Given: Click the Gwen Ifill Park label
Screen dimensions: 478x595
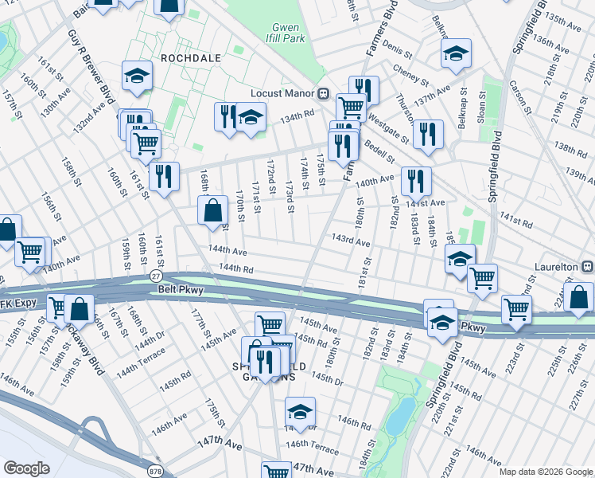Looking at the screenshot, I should point(286,33).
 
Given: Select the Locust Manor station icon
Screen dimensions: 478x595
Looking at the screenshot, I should point(324,93).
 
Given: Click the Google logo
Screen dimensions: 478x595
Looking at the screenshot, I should point(27,468).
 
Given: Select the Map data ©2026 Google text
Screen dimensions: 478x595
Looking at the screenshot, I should point(546,472).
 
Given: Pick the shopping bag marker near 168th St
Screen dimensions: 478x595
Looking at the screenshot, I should point(213,211).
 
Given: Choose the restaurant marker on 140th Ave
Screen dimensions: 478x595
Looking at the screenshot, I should point(416,182).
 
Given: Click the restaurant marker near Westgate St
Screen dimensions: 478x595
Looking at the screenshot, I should point(428,135).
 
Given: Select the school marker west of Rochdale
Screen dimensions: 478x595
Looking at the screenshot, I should point(137,76).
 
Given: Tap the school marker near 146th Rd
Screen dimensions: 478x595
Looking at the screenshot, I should point(299,412).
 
